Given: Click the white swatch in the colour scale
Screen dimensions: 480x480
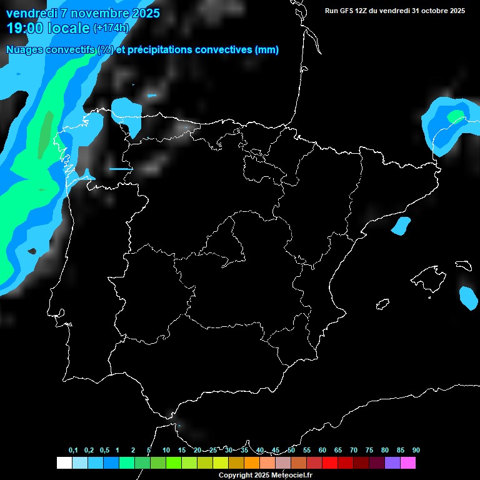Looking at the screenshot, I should pos(64,463).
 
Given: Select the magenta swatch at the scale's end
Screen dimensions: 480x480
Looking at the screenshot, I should pos(408,463).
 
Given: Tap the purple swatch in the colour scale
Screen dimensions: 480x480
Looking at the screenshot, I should pos(392,463).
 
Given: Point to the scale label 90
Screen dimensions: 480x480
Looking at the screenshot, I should pos(416,451).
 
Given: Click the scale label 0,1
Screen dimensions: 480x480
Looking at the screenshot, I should pos(73,451).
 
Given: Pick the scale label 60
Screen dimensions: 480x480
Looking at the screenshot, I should pos(322,451).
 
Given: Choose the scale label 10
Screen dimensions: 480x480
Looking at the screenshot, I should pos(166,451).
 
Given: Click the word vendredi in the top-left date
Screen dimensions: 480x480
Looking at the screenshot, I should pos(31,13).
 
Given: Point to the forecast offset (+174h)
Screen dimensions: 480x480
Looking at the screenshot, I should pos(111,28).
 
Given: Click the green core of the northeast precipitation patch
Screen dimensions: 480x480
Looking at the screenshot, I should pos(456,116).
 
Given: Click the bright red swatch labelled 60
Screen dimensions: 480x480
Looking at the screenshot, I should pos(330,463).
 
